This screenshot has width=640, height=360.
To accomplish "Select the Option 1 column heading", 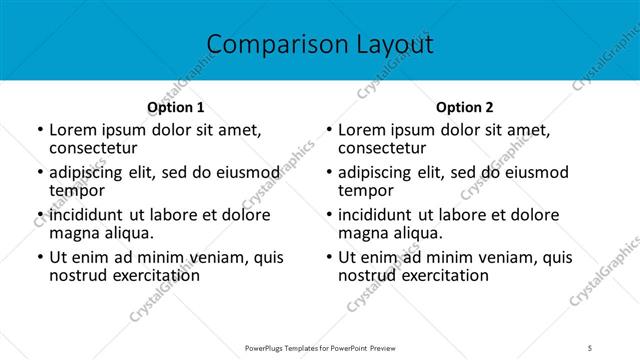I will tap(176, 107).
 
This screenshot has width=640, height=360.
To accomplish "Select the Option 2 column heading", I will tap(465, 107).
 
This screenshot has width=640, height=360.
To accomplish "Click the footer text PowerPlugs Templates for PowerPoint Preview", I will tap(320, 347).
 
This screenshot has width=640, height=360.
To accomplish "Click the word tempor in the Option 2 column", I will tap(366, 190).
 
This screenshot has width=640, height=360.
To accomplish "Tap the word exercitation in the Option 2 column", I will tap(443, 275).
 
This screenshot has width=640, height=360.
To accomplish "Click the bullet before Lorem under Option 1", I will tap(39, 130).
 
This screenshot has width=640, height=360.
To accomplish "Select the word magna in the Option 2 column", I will tap(363, 233).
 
